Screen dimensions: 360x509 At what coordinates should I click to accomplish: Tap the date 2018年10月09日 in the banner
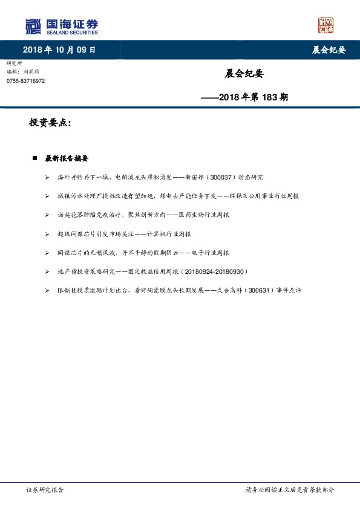pos(59,50)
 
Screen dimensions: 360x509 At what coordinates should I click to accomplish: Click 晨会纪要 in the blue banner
pos(329,50)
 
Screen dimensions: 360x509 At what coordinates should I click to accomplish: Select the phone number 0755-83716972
pos(25,81)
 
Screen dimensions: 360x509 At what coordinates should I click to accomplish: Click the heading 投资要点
pos(50,123)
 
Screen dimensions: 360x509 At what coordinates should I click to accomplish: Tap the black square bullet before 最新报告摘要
pos(34,158)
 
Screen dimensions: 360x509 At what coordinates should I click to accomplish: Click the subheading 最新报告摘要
pos(67,158)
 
